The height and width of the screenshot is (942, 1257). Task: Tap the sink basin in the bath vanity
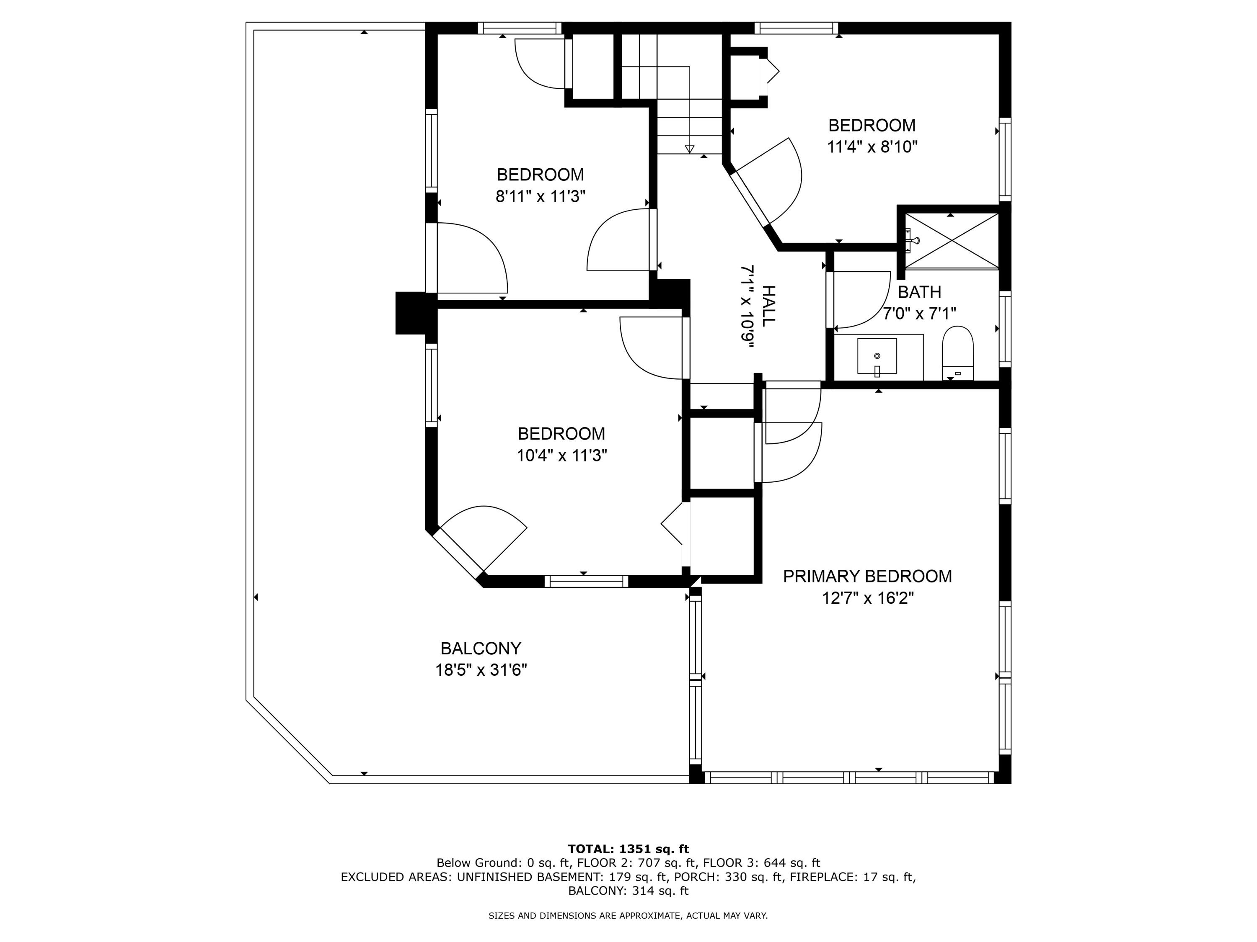pos(877,356)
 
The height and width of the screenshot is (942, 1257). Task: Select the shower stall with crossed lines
pos(951,240)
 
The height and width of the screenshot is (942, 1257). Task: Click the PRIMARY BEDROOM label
pos(867,577)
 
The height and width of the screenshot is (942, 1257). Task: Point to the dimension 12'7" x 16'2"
pos(867,598)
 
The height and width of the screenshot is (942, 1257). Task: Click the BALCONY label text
pos(481,649)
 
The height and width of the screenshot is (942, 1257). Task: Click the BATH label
pos(919,292)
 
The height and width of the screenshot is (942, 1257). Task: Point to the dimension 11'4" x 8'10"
pos(872,147)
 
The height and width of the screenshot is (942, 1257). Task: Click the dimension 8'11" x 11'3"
pos(541,196)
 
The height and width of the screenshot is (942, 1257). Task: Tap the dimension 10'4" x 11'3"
pos(561,456)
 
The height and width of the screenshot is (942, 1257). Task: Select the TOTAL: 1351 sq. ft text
pos(628,849)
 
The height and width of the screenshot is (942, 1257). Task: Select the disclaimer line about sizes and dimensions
pos(628,915)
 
